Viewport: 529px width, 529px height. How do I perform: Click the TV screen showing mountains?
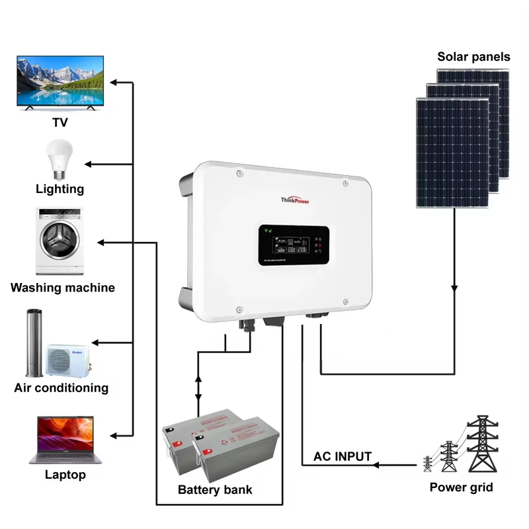(60, 81)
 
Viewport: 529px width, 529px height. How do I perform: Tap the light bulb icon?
(56, 157)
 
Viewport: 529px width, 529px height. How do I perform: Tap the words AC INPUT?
(342, 456)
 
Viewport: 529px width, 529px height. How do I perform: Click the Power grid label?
(461, 488)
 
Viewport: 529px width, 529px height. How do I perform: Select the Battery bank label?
(215, 490)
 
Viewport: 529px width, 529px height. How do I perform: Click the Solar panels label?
(473, 57)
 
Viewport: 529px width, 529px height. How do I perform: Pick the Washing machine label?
(62, 288)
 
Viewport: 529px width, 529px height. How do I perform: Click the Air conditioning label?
(61, 387)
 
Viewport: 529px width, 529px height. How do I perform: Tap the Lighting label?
(60, 189)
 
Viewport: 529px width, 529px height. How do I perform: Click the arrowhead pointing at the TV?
(114, 83)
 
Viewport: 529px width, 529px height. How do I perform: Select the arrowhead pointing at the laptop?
(114, 436)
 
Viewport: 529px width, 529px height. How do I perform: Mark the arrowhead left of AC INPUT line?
(378, 465)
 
